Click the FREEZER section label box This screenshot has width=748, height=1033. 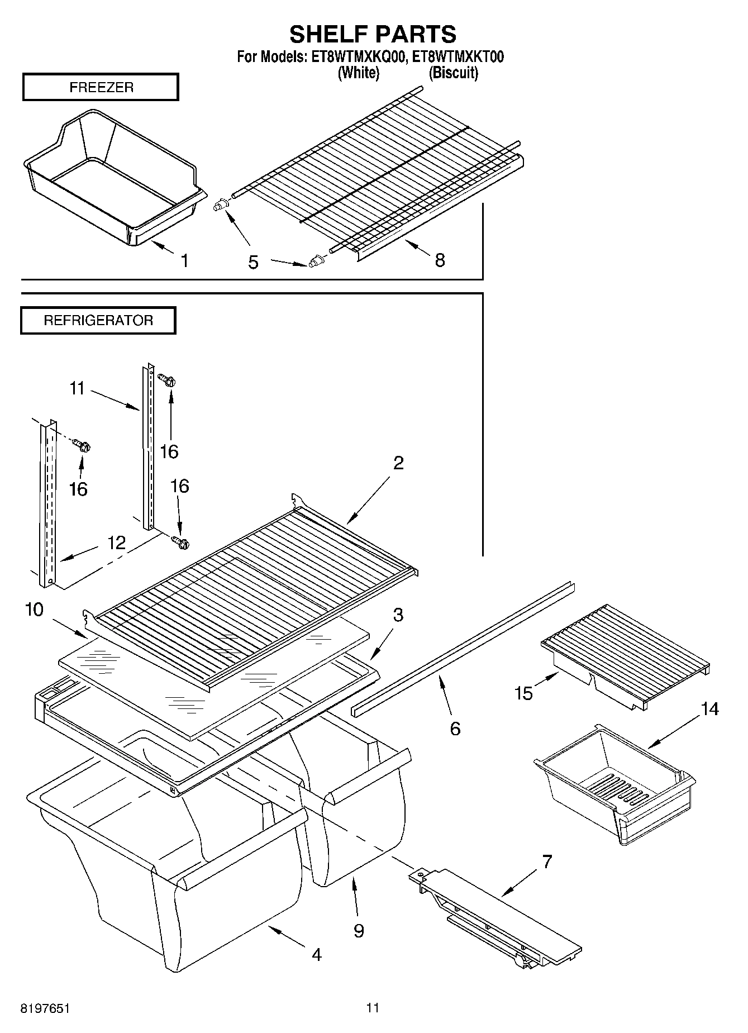[101, 87]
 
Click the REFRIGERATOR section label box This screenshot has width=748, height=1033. [98, 321]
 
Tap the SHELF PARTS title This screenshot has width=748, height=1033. [373, 34]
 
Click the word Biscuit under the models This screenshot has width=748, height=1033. [453, 73]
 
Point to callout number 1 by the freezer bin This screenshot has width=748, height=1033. [184, 260]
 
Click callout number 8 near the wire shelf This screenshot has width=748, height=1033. [440, 260]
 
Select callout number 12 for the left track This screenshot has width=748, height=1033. [117, 542]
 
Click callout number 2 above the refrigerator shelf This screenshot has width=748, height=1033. [398, 463]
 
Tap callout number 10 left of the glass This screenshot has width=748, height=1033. [34, 609]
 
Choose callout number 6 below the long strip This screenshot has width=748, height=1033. [455, 728]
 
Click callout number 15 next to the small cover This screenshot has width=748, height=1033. [523, 693]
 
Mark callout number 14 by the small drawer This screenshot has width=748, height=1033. [710, 709]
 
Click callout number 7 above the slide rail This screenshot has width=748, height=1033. [547, 861]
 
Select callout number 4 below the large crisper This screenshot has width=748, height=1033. [316, 954]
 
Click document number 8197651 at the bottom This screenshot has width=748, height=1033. [45, 1008]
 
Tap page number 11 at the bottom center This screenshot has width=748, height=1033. [373, 1008]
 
